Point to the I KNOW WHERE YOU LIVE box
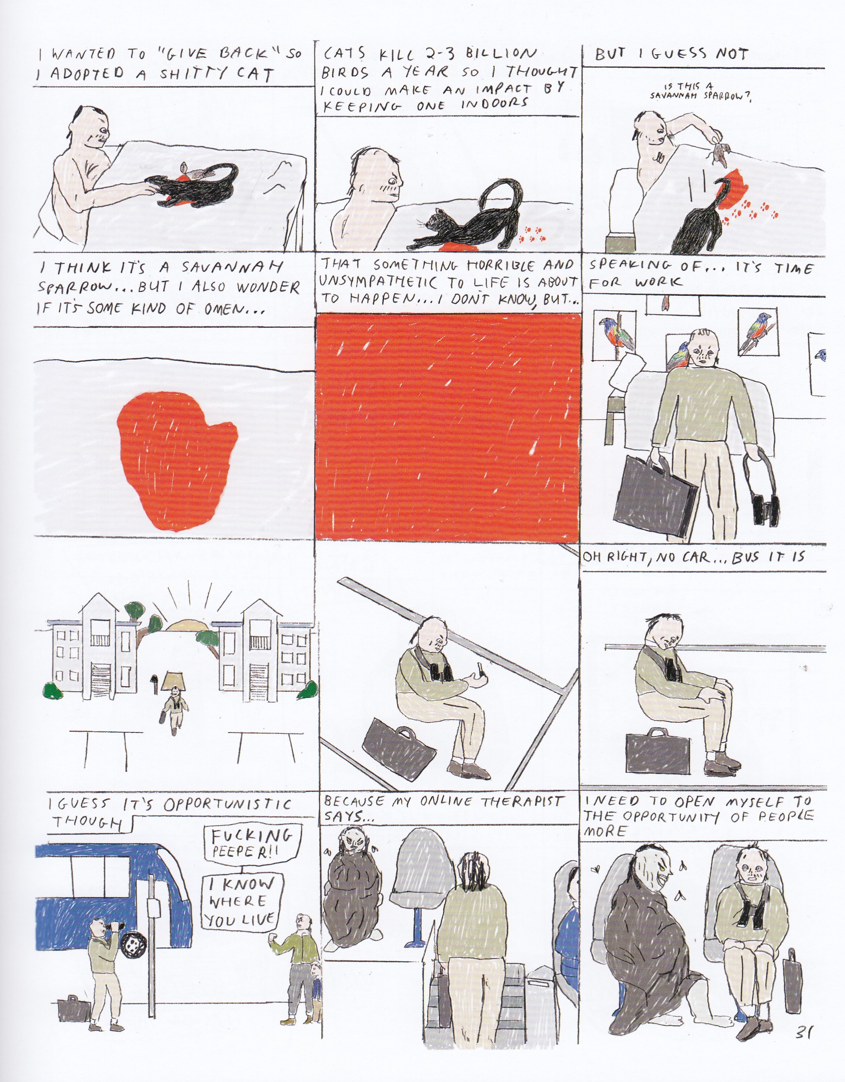coord(241,901)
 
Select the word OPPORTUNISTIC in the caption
coord(228,804)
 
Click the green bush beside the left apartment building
coord(52,691)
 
